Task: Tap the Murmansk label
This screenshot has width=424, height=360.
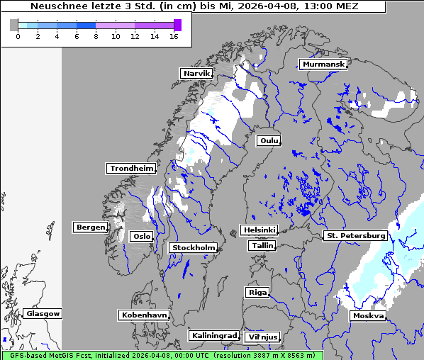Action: (x=323, y=64)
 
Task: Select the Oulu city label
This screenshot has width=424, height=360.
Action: (x=269, y=141)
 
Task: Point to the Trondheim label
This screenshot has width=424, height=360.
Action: (x=131, y=169)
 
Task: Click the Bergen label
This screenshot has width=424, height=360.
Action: (x=89, y=227)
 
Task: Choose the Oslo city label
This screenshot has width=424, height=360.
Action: (x=142, y=237)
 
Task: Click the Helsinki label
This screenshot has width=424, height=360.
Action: (x=259, y=230)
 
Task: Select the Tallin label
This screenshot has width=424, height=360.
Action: (x=262, y=246)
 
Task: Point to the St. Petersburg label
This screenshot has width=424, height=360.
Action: (x=355, y=235)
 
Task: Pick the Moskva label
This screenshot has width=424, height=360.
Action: (x=368, y=316)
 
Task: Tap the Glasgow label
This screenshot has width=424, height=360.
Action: (x=43, y=314)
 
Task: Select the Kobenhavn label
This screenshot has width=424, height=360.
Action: (x=144, y=315)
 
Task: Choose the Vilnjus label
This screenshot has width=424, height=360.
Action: (x=262, y=337)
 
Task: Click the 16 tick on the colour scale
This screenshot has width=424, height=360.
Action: (x=174, y=36)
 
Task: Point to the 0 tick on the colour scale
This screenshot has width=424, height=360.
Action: (x=18, y=36)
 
